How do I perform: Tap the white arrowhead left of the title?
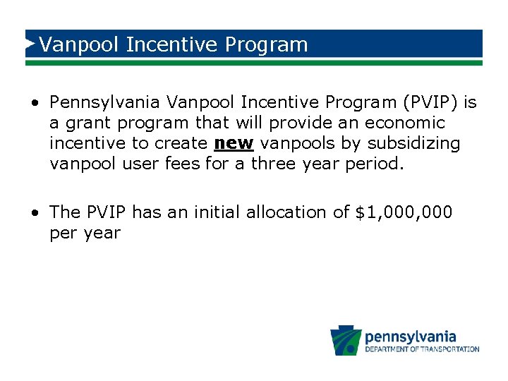(30, 44)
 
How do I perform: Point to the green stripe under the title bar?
(254, 62)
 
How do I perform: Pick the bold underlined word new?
(234, 143)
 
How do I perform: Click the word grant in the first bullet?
(89, 123)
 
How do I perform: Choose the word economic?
(405, 123)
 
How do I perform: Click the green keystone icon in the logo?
(346, 341)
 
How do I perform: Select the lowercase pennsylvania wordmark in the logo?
(410, 337)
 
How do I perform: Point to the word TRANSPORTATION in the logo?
(450, 349)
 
